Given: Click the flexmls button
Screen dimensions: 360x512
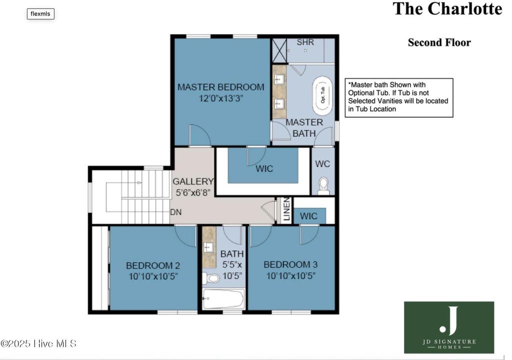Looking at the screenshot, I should coord(40,13).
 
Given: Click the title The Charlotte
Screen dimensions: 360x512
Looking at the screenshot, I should coord(447,9).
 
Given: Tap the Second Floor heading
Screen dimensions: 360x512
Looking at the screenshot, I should coord(439,42).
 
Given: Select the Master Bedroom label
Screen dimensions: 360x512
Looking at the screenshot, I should coord(220,87).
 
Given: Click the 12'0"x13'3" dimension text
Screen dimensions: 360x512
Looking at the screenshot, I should coord(220,98).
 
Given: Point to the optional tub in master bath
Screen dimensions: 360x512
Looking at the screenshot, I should coord(322,93).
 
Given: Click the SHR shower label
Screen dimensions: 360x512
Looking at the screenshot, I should coord(305,42).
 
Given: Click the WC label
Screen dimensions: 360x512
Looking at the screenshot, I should coord(322,163).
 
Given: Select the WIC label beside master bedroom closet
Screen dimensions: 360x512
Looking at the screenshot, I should coord(264,168).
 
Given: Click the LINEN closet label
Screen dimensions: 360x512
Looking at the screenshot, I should coord(286,210).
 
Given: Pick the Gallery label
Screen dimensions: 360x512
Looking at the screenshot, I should coord(193,181).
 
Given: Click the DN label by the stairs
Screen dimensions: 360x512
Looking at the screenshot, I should coord(175,212).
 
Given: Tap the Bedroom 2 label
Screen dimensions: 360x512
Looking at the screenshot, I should coord(152,265).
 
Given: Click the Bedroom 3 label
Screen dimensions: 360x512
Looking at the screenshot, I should coord(290,264).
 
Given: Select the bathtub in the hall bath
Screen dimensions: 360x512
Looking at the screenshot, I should coord(223,299).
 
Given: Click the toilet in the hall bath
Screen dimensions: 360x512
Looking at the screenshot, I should coord(212,278).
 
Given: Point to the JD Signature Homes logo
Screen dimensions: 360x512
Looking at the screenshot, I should coord(448,327).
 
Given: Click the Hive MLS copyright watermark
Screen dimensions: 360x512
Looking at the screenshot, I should coord(38,343).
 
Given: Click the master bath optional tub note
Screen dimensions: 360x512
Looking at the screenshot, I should coord(399,97).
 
